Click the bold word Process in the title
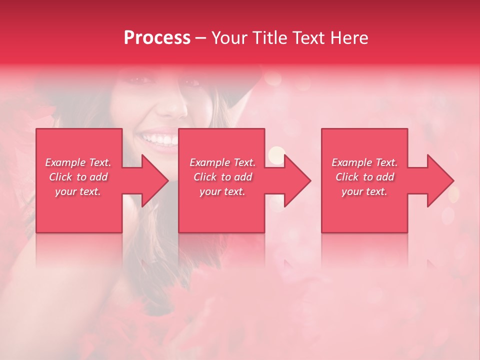[x=157, y=38]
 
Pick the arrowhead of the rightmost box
[x=439, y=180]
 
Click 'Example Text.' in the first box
[x=78, y=162]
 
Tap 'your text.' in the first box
[x=78, y=191]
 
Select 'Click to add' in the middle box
[x=222, y=177]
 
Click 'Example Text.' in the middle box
[x=222, y=162]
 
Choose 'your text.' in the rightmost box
[x=364, y=191]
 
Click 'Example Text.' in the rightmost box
[x=364, y=162]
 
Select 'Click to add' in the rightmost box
[x=364, y=177]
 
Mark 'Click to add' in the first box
[x=78, y=177]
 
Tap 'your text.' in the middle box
[x=222, y=191]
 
